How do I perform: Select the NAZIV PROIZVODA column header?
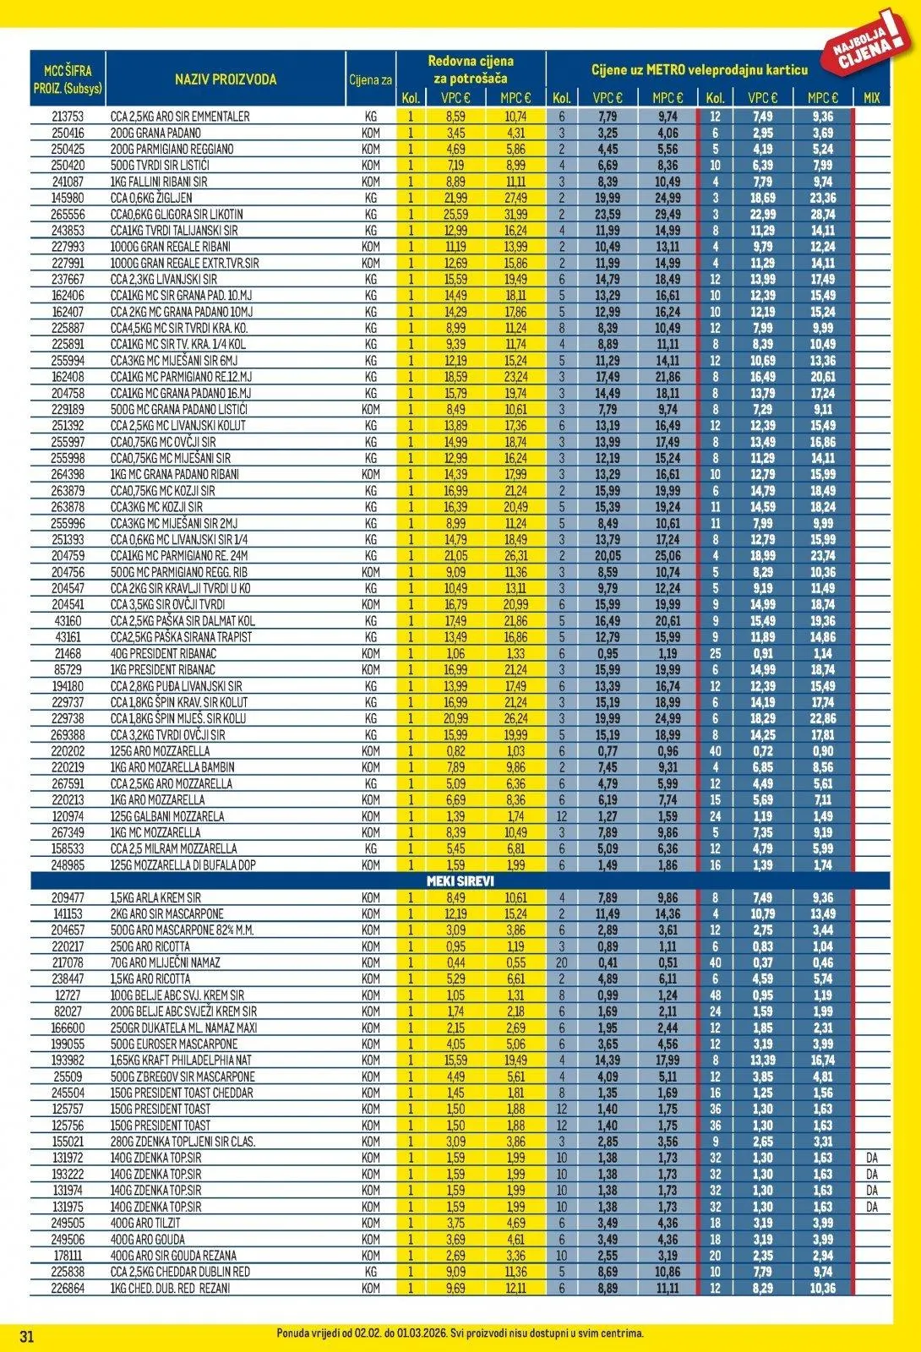coord(226,79)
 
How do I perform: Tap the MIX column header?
coord(872,98)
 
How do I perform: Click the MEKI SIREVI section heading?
coord(460,881)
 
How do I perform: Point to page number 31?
coord(26,1336)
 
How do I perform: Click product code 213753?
coord(68,117)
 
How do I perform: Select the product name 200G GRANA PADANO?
coord(155,133)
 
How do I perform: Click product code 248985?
coord(68,865)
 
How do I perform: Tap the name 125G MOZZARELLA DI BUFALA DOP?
coord(183,865)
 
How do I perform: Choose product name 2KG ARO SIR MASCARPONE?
coord(167,914)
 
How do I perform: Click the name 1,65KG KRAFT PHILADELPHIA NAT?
coord(181,1060)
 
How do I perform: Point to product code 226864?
coord(68,1289)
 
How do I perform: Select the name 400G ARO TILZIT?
coord(146,1224)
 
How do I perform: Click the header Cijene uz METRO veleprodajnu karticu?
coord(699,70)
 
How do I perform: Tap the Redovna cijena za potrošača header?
coord(471,69)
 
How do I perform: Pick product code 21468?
coord(68,654)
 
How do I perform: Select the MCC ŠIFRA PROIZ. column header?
coord(68,79)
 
